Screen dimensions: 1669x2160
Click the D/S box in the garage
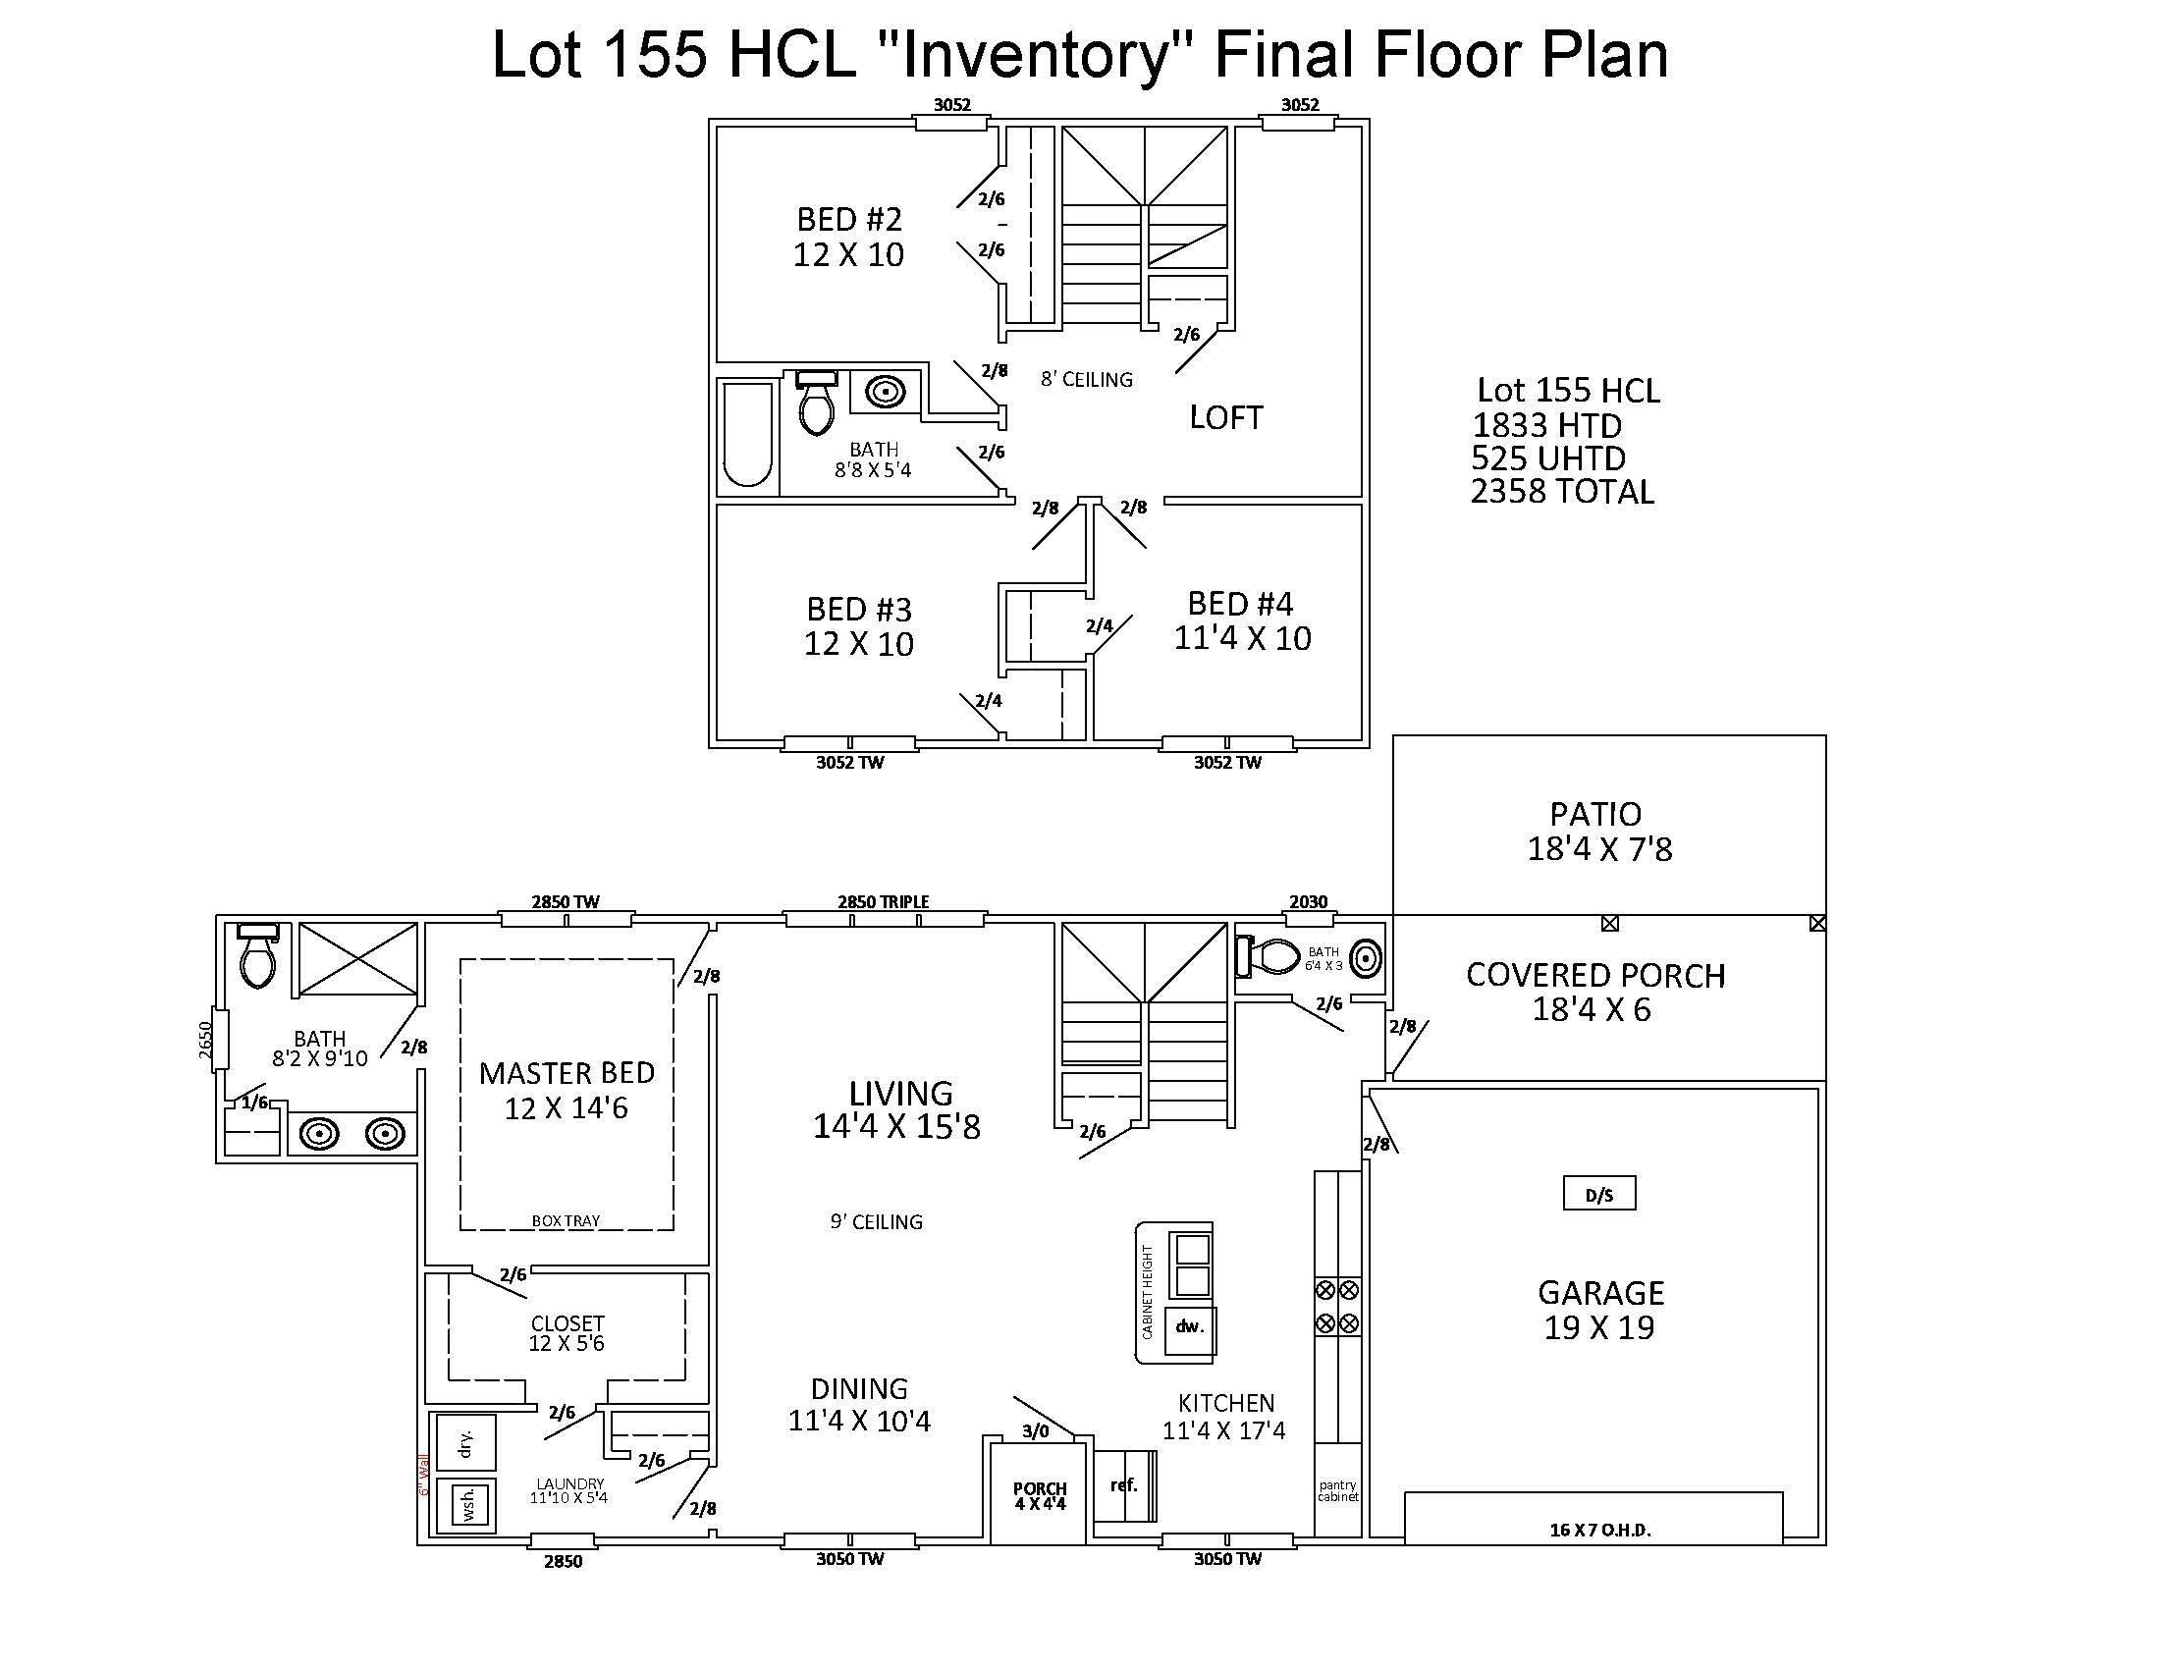pyautogui.click(x=1598, y=1194)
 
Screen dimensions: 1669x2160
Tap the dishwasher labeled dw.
pyautogui.click(x=1190, y=1328)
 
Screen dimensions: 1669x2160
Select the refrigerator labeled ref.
pyautogui.click(x=1124, y=1485)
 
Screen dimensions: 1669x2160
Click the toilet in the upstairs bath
pyautogui.click(x=817, y=405)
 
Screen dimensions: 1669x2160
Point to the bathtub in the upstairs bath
pyautogui.click(x=748, y=436)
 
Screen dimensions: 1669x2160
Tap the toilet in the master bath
pyautogui.click(x=258, y=957)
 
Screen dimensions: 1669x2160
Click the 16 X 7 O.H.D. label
pyautogui.click(x=1599, y=1531)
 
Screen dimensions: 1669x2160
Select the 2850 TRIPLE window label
pyautogui.click(x=883, y=901)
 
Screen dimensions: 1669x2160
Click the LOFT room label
pyautogui.click(x=1225, y=418)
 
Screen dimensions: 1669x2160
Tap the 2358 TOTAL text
pyautogui.click(x=1562, y=493)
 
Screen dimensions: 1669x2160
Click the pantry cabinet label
pyautogui.click(x=1337, y=1491)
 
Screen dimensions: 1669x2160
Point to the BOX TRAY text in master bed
pyautogui.click(x=566, y=1221)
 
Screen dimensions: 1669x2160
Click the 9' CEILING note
pyautogui.click(x=876, y=1222)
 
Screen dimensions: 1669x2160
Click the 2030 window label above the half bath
pyautogui.click(x=1308, y=901)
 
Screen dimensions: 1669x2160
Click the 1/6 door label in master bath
pyautogui.click(x=254, y=1103)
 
